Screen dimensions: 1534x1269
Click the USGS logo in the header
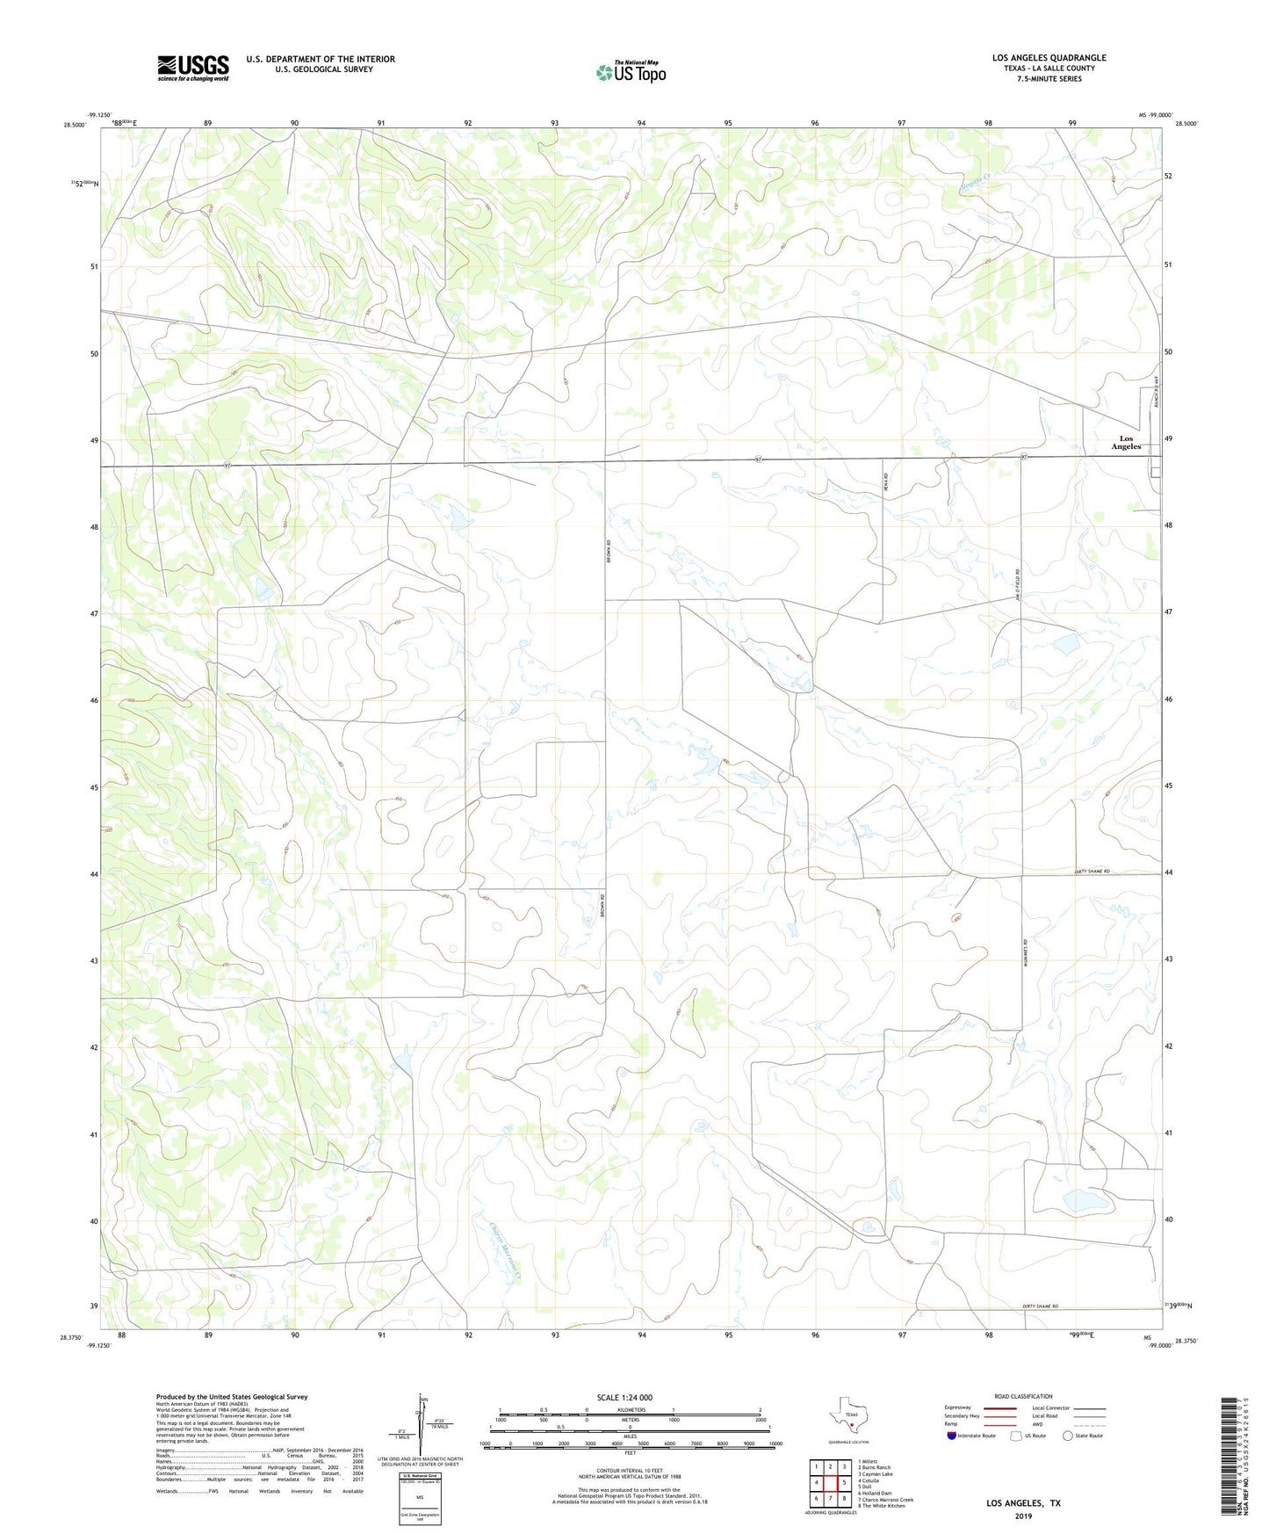(193, 68)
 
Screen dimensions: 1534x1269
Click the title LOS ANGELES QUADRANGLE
(1049, 58)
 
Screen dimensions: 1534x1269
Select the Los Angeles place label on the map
(1125, 443)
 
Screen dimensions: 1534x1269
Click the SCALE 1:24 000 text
(624, 1398)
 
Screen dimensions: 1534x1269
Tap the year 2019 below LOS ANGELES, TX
(1022, 1516)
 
